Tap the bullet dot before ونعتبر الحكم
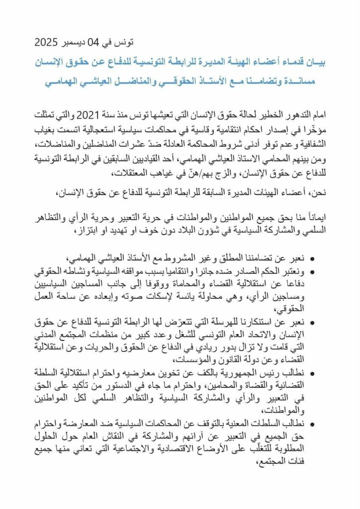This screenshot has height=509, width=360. click(x=312, y=271)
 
